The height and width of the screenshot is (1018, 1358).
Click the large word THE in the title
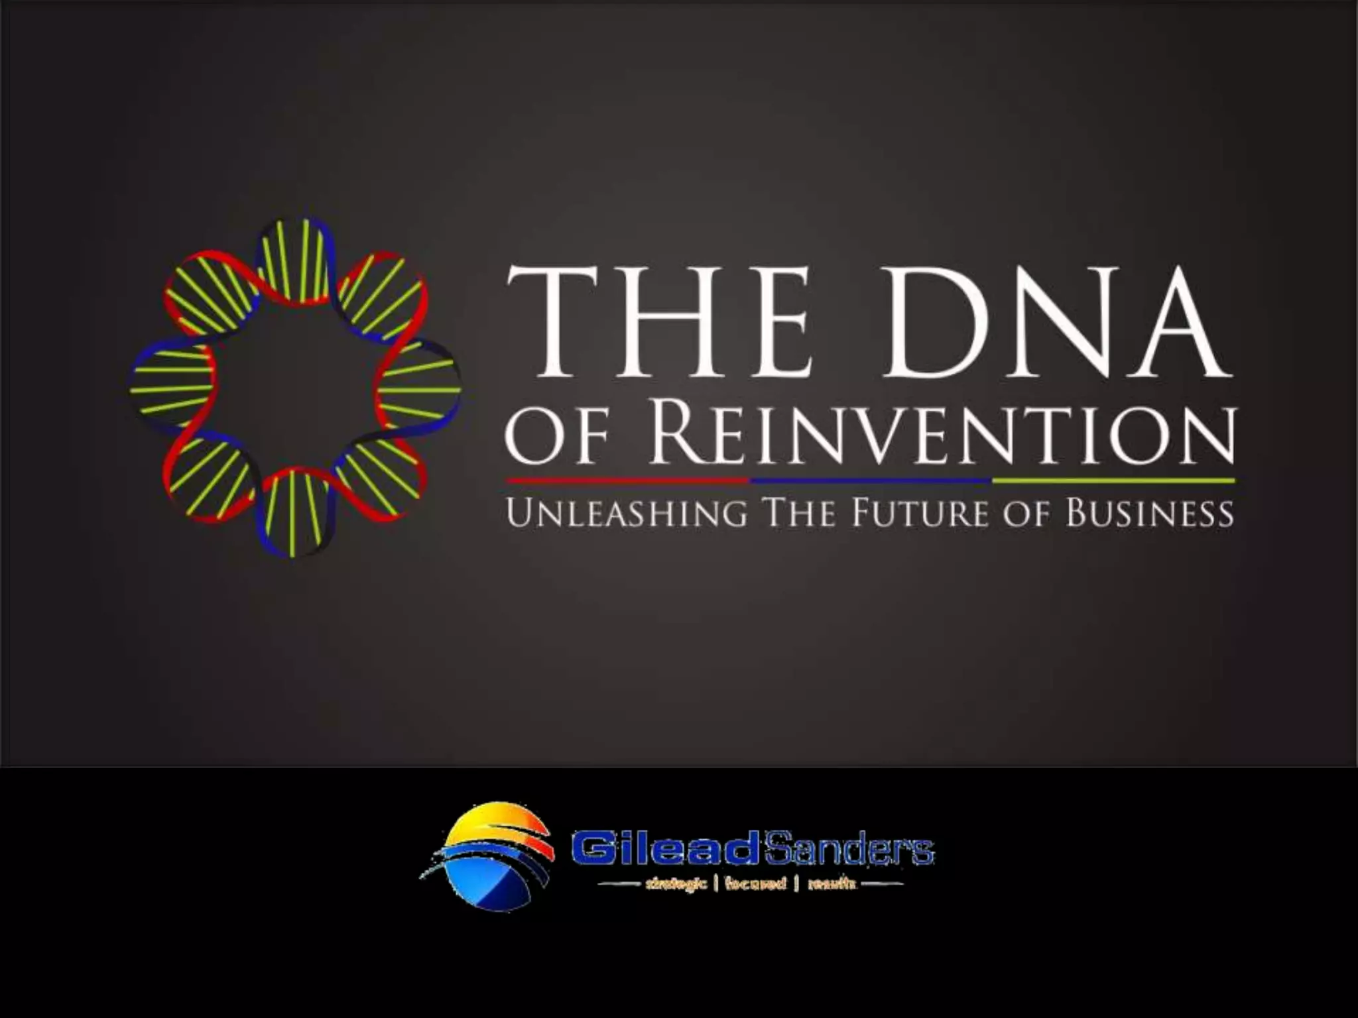click(x=660, y=321)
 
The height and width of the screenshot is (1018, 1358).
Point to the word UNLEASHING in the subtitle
click(x=627, y=514)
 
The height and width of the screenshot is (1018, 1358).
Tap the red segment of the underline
click(x=627, y=480)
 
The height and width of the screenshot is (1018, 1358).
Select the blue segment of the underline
click(x=871, y=480)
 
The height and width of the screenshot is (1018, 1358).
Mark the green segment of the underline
click(x=1113, y=480)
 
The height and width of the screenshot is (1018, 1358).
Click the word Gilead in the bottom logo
click(x=663, y=850)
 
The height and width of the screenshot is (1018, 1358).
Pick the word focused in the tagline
click(x=755, y=883)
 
